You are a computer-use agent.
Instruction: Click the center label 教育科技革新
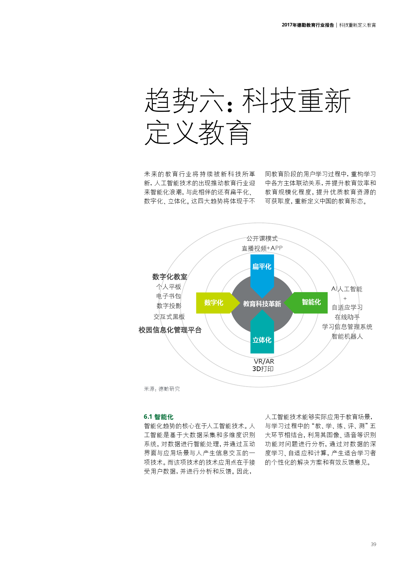click(x=262, y=304)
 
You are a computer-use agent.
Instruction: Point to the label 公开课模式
click(x=262, y=238)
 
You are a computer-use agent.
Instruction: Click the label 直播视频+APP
click(x=262, y=248)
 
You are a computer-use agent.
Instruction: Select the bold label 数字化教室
click(x=170, y=277)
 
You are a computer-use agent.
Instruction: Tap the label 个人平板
click(x=169, y=287)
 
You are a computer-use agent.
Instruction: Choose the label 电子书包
click(x=169, y=296)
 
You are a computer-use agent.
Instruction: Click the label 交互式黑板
click(x=169, y=317)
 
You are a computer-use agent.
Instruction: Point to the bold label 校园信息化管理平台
click(x=170, y=330)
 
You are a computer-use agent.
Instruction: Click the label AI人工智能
click(x=347, y=289)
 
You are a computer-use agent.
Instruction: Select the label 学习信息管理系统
click(x=347, y=327)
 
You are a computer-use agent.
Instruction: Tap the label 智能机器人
click(x=347, y=336)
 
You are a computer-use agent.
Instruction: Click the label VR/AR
click(x=264, y=361)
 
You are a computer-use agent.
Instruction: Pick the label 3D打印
click(x=263, y=369)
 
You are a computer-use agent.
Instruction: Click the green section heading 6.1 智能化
click(x=159, y=417)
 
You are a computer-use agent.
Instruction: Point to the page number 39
click(x=373, y=544)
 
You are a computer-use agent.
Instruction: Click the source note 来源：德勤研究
click(x=162, y=389)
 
